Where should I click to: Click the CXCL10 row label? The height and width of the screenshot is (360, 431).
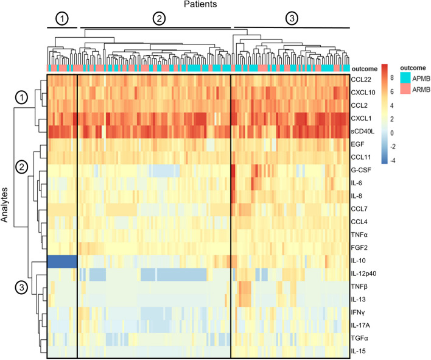click(x=363, y=93)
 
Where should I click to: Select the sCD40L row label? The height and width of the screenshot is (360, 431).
click(x=363, y=131)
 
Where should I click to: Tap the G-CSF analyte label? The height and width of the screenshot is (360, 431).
click(x=361, y=170)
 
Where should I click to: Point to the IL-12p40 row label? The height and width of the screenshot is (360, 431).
click(x=363, y=274)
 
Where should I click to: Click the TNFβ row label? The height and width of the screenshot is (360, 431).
click(x=359, y=286)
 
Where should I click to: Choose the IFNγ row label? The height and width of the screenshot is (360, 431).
click(x=358, y=312)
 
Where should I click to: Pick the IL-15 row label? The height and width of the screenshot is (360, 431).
click(x=358, y=351)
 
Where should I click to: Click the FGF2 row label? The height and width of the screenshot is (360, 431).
click(x=359, y=248)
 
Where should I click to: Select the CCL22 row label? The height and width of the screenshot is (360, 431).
click(x=361, y=79)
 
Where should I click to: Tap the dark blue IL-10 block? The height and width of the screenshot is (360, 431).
click(x=62, y=261)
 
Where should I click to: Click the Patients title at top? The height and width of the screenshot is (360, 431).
click(x=200, y=4)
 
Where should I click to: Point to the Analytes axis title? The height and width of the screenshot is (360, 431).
click(x=4, y=205)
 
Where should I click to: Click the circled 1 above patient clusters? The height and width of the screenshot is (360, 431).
click(x=62, y=19)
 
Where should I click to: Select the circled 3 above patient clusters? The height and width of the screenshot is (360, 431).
click(x=292, y=18)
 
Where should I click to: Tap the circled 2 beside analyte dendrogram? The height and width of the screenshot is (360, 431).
click(x=22, y=167)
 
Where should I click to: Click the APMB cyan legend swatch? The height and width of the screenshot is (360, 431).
click(x=405, y=77)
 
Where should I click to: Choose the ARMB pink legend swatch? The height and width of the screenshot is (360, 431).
click(x=405, y=88)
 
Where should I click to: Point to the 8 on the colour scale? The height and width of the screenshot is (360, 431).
click(x=392, y=78)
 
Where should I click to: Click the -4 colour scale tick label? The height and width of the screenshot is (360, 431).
click(x=393, y=161)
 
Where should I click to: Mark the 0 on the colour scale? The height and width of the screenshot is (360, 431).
click(x=392, y=133)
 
